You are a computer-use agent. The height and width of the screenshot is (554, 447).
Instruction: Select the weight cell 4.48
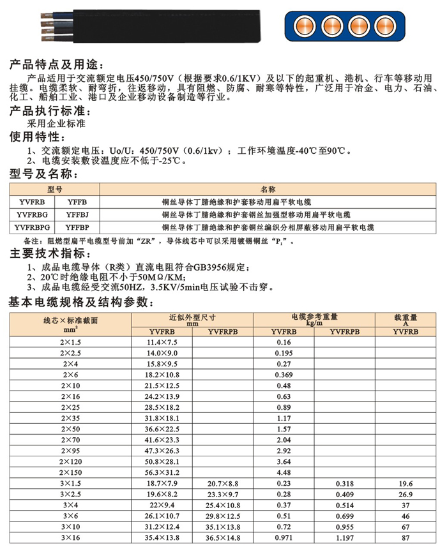(x=284, y=473)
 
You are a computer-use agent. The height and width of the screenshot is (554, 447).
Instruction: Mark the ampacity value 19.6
(x=404, y=484)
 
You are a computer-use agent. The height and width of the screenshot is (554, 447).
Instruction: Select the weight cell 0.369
(x=284, y=375)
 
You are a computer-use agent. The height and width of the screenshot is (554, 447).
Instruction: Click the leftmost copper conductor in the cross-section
(x=303, y=27)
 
